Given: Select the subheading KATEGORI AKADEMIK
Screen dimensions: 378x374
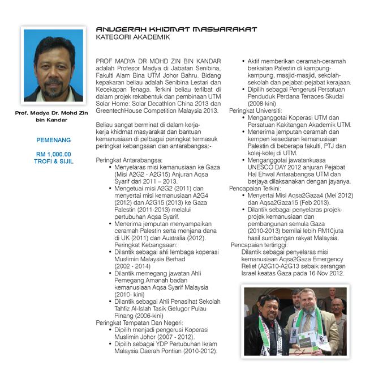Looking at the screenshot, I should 132,37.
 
